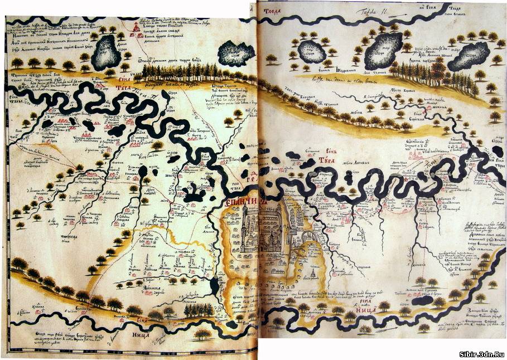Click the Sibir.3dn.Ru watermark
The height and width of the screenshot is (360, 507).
pyautogui.click(x=481, y=353)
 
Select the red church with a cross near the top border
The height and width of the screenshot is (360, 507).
pyautogui.click(x=136, y=29)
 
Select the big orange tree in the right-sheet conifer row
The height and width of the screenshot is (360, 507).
pyautogui.click(x=438, y=69)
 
